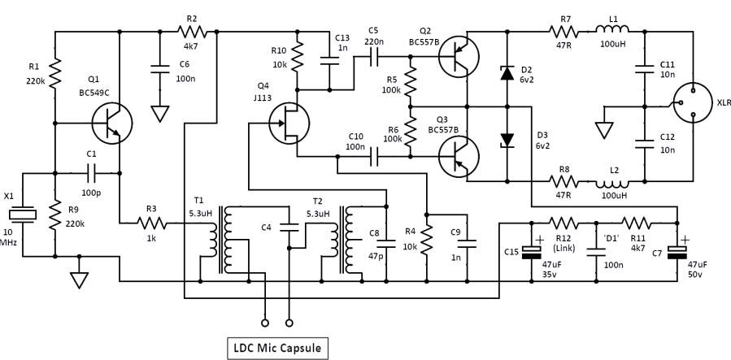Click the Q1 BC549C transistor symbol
[112, 124]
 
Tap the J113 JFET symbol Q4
[289, 123]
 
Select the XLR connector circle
[694, 103]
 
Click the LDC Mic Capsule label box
[277, 349]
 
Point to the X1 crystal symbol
[23, 215]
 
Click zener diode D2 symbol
[507, 73]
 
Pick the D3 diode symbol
[507, 141]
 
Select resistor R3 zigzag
[151, 224]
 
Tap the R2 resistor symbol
[192, 32]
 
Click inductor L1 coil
[612, 30]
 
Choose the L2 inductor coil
[612, 183]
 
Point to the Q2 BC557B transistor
[459, 57]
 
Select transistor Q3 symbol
[459, 157]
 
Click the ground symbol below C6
[160, 114]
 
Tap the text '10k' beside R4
[411, 246]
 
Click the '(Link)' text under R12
[564, 248]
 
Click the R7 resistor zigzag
[564, 32]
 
